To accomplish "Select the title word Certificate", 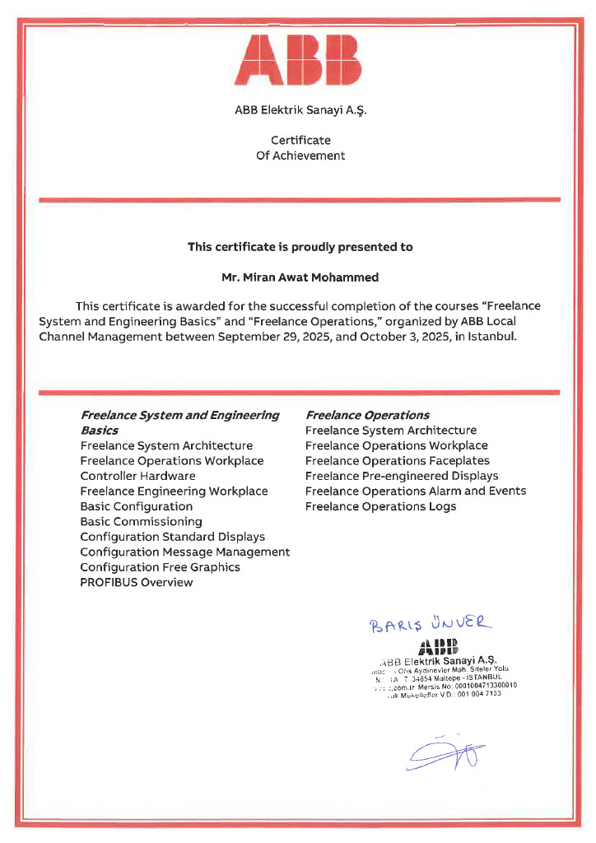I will pyautogui.click(x=300, y=140).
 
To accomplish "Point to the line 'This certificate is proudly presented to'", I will pyautogui.click(x=300, y=246).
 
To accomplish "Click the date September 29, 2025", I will pyautogui.click(x=268, y=336).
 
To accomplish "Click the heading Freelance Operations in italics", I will pyautogui.click(x=367, y=415).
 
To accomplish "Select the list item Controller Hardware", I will pyautogui.click(x=137, y=476).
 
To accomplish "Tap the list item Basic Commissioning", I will pyautogui.click(x=141, y=521).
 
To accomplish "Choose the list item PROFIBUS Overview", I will pyautogui.click(x=137, y=582).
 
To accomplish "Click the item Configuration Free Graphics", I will pyautogui.click(x=160, y=567).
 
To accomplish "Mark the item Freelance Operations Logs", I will pyautogui.click(x=380, y=506).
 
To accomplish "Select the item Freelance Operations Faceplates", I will pyautogui.click(x=397, y=461).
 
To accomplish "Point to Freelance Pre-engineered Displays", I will pyautogui.click(x=402, y=476).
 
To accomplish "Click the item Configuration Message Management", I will pyautogui.click(x=184, y=552).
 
